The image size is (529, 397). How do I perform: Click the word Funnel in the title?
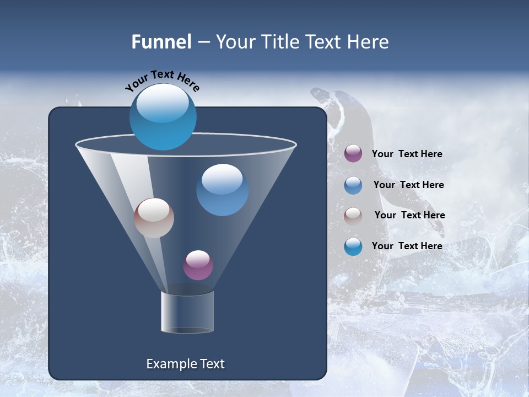coord(161,42)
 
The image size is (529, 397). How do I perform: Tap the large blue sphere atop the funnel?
coord(163,116)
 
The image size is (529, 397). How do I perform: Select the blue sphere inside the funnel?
coord(222,190)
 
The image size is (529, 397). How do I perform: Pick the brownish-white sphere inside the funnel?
coord(154,218)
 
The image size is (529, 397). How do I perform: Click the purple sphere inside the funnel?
coord(198,265)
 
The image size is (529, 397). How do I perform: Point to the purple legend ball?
coord(353,154)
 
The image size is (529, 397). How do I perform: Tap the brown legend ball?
coord(353,216)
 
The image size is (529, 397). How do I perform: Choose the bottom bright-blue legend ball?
coord(353,246)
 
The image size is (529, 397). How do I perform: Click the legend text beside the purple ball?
coord(407,154)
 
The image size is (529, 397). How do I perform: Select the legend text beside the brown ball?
coord(409,215)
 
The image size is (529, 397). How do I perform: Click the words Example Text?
coord(186,364)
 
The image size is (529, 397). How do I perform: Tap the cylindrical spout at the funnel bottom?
coord(187,312)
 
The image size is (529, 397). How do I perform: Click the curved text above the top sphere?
coord(162,80)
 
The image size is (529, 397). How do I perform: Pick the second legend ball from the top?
coord(353,185)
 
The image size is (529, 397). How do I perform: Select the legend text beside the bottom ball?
coord(407,246)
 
